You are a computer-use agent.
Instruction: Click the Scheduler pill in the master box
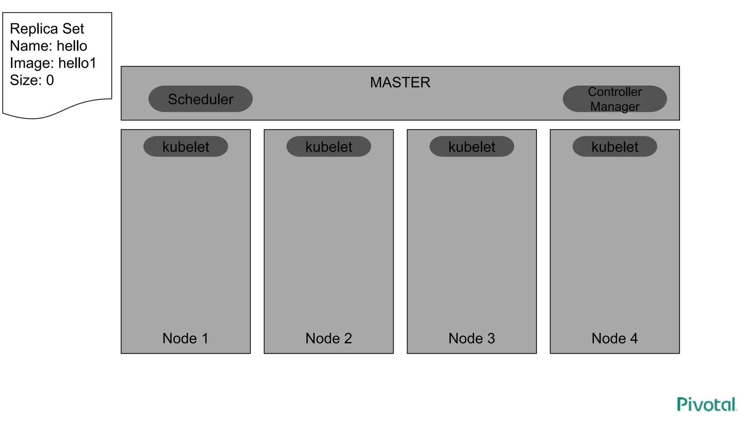click(x=200, y=99)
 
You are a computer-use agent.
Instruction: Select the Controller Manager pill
click(x=614, y=99)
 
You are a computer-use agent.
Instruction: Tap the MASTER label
click(x=400, y=82)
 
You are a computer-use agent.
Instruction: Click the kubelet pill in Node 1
click(x=186, y=147)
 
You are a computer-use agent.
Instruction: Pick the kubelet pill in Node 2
click(x=329, y=147)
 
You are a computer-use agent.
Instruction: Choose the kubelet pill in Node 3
click(x=472, y=147)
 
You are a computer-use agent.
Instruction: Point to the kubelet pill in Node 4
click(x=615, y=147)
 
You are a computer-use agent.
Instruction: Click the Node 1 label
click(x=185, y=338)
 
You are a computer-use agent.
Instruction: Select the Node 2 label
click(x=328, y=338)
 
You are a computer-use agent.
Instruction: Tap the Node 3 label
click(x=471, y=338)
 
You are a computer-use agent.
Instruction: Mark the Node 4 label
click(x=614, y=338)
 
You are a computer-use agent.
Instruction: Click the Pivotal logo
click(x=707, y=405)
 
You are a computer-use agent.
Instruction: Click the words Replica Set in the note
click(x=47, y=29)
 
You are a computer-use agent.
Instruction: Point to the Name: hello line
click(x=48, y=46)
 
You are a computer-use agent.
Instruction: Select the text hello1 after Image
click(x=77, y=63)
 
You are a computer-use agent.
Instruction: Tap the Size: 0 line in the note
click(x=32, y=80)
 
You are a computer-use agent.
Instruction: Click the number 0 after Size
click(x=50, y=80)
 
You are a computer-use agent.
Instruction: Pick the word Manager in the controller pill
click(x=615, y=107)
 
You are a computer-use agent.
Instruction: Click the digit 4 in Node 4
click(x=634, y=338)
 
